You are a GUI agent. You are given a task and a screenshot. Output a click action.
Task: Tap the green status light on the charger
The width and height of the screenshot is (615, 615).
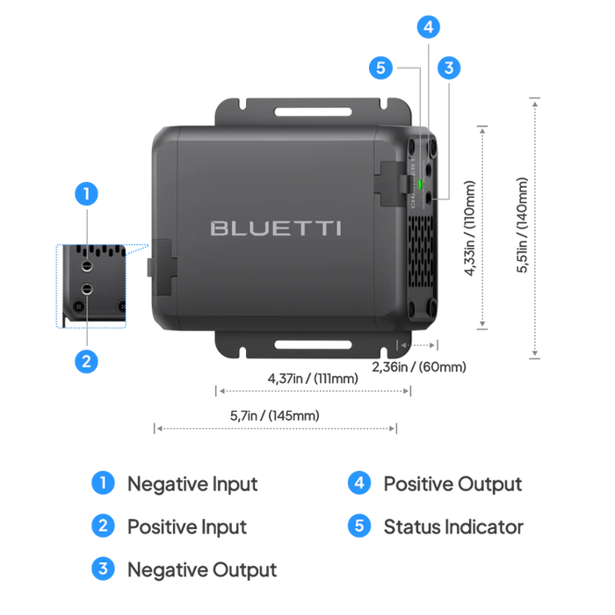click(421, 184)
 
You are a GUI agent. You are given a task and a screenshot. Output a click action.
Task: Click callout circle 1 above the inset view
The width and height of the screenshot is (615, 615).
click(86, 193)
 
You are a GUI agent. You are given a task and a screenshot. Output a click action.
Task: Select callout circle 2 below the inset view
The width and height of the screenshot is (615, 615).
click(86, 360)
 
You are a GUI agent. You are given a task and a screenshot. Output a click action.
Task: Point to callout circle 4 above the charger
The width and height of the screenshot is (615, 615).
click(428, 27)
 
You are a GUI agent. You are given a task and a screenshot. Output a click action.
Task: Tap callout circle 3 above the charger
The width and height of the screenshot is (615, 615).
click(449, 67)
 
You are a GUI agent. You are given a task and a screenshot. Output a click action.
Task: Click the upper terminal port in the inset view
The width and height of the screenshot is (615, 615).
click(87, 263)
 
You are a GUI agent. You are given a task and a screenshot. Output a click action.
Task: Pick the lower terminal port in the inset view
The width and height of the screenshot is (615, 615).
click(87, 288)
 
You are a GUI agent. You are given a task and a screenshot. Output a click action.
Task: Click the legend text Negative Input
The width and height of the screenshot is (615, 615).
click(192, 483)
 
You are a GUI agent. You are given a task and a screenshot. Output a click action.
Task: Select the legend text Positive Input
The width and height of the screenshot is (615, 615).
click(187, 526)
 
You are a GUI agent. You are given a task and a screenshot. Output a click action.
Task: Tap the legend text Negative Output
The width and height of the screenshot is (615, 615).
click(203, 569)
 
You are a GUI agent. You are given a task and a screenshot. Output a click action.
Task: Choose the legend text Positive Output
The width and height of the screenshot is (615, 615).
click(452, 483)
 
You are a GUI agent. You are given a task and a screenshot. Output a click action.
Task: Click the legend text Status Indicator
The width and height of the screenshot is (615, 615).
click(453, 526)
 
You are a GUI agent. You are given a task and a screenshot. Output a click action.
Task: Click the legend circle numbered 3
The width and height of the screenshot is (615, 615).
click(103, 569)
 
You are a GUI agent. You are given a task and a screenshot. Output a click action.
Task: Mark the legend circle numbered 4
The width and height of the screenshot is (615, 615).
click(359, 483)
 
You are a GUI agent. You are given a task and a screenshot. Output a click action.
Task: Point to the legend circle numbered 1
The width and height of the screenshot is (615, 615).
click(103, 483)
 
